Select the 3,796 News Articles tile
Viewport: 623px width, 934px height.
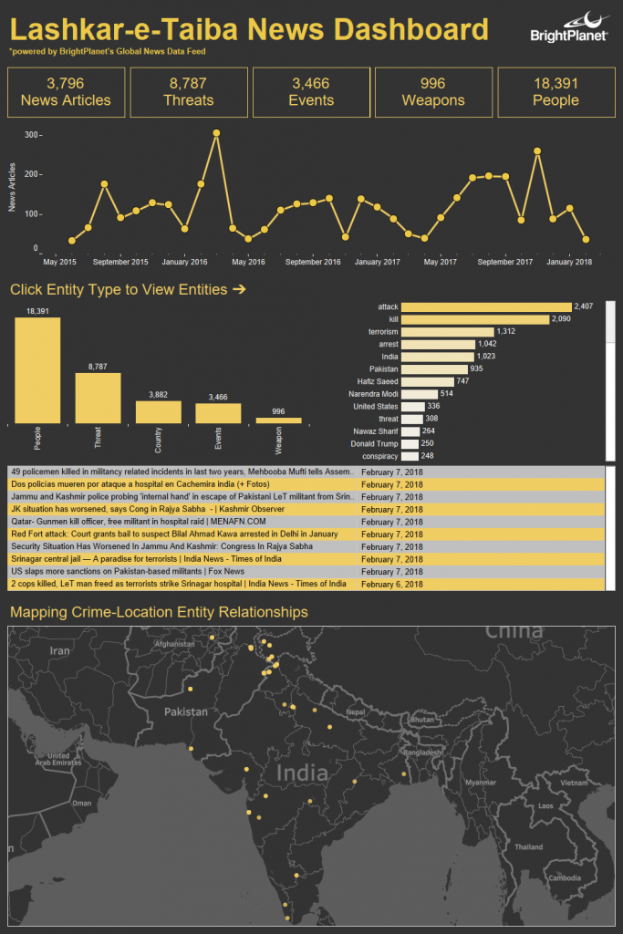click(66, 91)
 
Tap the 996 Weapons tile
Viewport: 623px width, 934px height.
click(433, 91)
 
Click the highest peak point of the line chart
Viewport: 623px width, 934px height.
click(216, 133)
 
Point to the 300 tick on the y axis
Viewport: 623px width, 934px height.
click(31, 135)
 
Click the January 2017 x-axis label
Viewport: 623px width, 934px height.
click(377, 262)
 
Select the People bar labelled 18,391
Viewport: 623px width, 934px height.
click(37, 370)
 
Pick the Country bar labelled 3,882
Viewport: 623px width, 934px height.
click(159, 411)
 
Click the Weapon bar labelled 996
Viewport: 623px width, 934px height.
click(278, 420)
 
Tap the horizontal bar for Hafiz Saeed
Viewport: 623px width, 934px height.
click(428, 381)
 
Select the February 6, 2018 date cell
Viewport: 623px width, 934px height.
click(392, 584)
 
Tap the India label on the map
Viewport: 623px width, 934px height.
click(301, 773)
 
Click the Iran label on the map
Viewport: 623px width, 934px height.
click(59, 651)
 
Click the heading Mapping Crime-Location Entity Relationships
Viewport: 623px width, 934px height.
click(158, 612)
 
